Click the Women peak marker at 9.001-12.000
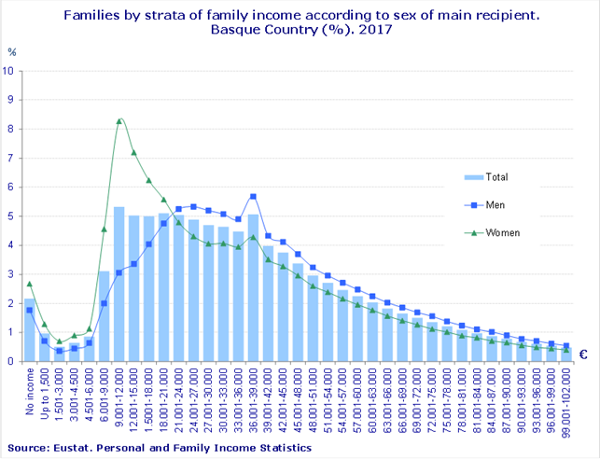pos(119,120)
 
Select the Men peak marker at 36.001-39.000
pos(254,196)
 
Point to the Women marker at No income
pos(30,284)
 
